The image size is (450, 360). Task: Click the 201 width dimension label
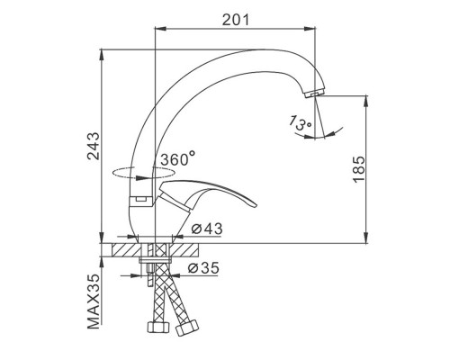coord(236,20)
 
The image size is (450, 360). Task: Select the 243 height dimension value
coord(94,146)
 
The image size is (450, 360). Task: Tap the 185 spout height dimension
coord(359,169)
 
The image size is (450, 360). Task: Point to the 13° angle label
coord(301,122)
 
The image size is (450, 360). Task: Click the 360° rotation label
coord(178,158)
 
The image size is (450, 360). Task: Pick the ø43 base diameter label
coord(207,229)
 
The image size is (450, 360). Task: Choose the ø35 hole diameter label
coord(203,268)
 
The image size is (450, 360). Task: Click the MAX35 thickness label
coord(94,301)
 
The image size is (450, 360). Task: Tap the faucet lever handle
coord(207,195)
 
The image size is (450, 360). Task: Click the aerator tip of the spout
coord(312,94)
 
